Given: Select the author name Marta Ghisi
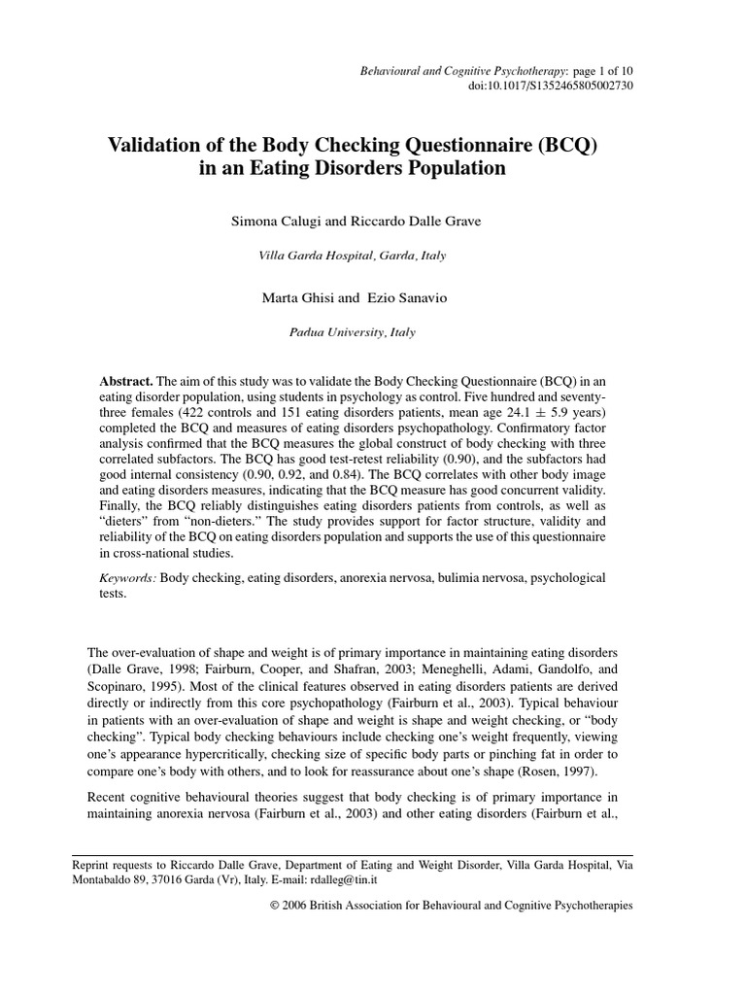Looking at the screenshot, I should tap(297, 297).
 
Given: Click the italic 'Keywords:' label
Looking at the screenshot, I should tap(128, 577).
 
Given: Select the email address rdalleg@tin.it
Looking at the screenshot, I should tap(342, 878).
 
